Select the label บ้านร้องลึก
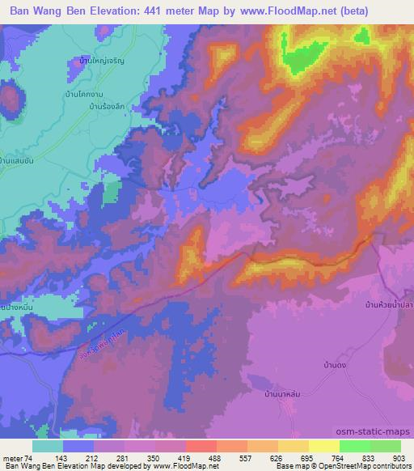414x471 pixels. pyautogui.click(x=109, y=106)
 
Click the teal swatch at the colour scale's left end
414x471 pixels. pyautogui.click(x=47, y=446)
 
